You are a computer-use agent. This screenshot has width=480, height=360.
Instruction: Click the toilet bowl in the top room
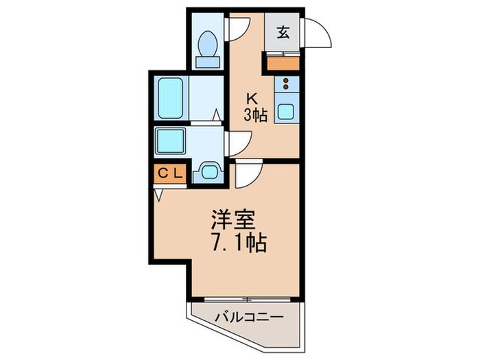(x=208, y=43)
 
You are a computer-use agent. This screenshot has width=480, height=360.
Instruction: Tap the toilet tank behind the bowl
(x=208, y=62)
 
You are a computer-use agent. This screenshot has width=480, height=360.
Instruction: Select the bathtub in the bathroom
(x=171, y=98)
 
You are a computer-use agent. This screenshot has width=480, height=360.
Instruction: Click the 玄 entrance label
(x=283, y=33)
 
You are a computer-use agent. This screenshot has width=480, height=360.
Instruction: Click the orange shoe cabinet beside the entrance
(x=283, y=63)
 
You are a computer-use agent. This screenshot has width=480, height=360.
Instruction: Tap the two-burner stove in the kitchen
(x=287, y=84)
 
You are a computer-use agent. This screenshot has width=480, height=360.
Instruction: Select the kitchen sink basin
(x=286, y=112)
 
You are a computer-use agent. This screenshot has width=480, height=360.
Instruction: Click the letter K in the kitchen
(x=252, y=99)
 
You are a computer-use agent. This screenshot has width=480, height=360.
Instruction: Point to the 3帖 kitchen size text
(x=256, y=115)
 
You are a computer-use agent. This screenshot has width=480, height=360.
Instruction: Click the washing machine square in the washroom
(x=171, y=141)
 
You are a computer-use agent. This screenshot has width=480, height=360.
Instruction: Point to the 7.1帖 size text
(x=239, y=243)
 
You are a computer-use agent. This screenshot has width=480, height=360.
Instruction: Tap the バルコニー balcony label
(x=248, y=317)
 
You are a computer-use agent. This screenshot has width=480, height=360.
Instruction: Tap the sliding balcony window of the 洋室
(x=247, y=299)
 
